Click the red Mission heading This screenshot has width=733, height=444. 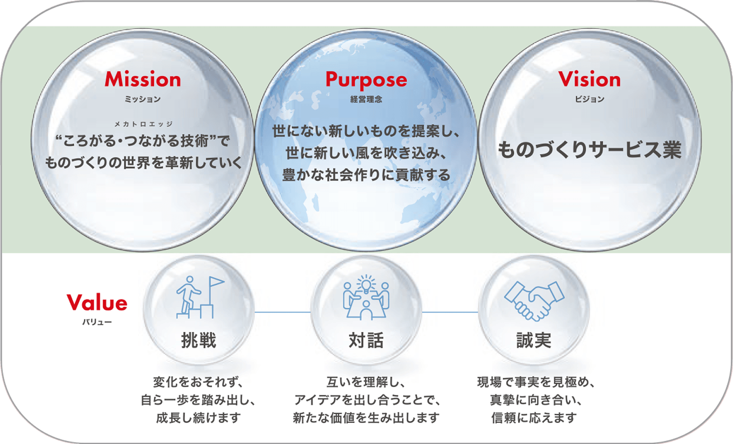(x=143, y=79)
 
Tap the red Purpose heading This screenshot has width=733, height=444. (x=366, y=80)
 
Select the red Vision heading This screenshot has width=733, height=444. (x=590, y=79)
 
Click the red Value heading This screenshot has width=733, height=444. (x=97, y=302)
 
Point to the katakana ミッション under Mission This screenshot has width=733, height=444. (x=143, y=99)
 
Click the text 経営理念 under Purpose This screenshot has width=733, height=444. (x=366, y=99)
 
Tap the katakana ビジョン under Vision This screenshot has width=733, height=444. (x=590, y=99)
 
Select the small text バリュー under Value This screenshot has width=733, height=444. (x=97, y=322)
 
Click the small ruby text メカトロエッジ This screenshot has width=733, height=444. (x=143, y=124)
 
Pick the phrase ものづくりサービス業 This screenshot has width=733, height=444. (x=590, y=150)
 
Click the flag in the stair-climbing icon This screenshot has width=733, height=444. (x=216, y=282)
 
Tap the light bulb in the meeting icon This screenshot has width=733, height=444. (x=366, y=284)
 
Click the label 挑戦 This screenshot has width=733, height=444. (x=198, y=340)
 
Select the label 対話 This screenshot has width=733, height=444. (x=366, y=340)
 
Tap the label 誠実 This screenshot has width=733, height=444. (x=534, y=340)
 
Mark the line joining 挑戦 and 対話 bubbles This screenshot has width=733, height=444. (x=283, y=312)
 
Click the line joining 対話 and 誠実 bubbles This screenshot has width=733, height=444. (x=450, y=312)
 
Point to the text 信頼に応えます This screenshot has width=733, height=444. (x=534, y=418)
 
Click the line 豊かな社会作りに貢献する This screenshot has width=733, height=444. (x=366, y=175)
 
